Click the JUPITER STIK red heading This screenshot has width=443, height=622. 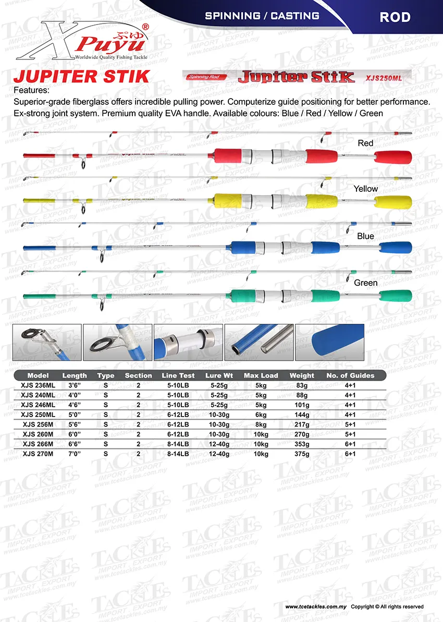(x=81, y=76)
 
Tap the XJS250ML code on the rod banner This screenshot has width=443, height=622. (x=382, y=78)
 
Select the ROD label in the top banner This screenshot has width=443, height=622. (x=395, y=17)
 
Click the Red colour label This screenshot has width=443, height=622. (x=365, y=143)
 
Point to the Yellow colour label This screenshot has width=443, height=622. (x=365, y=189)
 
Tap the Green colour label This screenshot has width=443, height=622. (x=365, y=283)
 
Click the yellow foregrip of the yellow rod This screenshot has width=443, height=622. (x=227, y=201)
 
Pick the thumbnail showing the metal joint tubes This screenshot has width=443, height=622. (x=259, y=343)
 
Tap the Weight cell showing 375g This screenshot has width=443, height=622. (x=302, y=454)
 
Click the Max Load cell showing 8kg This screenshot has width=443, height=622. (x=261, y=424)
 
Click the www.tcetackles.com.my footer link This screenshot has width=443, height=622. (x=315, y=607)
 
